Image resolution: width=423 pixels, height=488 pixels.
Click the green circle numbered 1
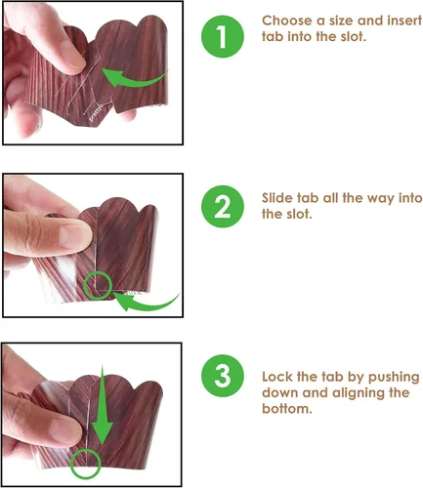click(x=222, y=36)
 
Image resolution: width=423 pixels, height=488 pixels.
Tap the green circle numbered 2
click(x=222, y=206)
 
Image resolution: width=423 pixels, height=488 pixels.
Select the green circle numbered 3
click(x=222, y=376)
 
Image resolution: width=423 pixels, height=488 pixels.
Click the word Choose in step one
click(x=287, y=20)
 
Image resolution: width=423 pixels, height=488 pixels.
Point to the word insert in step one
click(x=404, y=20)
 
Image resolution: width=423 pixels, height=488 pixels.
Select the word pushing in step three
click(x=394, y=378)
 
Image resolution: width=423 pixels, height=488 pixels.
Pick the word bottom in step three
click(x=286, y=409)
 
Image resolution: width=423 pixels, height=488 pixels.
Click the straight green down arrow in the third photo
click(x=103, y=405)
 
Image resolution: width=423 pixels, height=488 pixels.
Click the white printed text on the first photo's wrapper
click(x=96, y=113)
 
